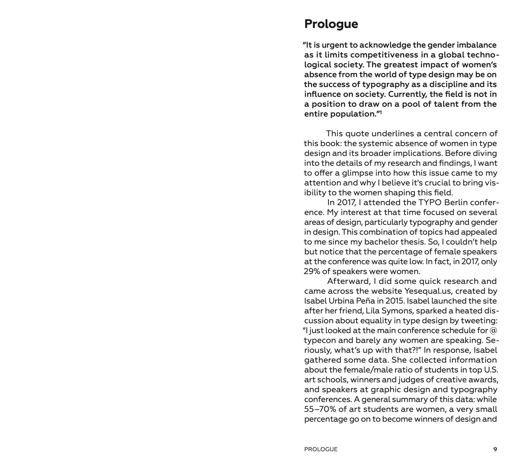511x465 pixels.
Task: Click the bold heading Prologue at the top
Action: (331, 24)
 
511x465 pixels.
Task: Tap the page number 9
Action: (495, 449)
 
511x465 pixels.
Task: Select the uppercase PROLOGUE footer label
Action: (321, 449)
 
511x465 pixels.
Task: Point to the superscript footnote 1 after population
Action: (381, 112)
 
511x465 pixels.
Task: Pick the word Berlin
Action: (455, 202)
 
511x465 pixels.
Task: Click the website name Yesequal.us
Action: (428, 291)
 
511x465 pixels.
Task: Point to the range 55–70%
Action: (320, 409)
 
